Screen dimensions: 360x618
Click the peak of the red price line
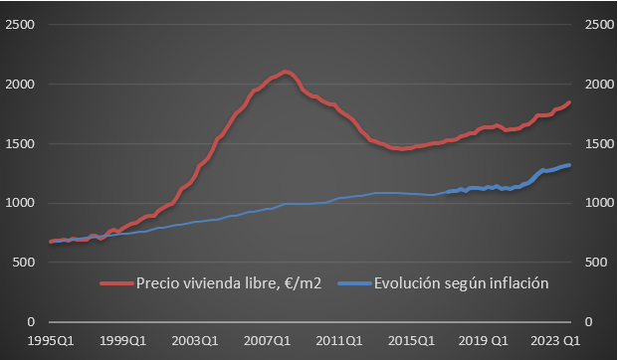(286, 72)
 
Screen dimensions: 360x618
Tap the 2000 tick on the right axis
(596, 84)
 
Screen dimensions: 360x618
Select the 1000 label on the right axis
(596, 203)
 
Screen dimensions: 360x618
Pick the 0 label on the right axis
(588, 322)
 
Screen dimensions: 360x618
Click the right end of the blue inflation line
(569, 165)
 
